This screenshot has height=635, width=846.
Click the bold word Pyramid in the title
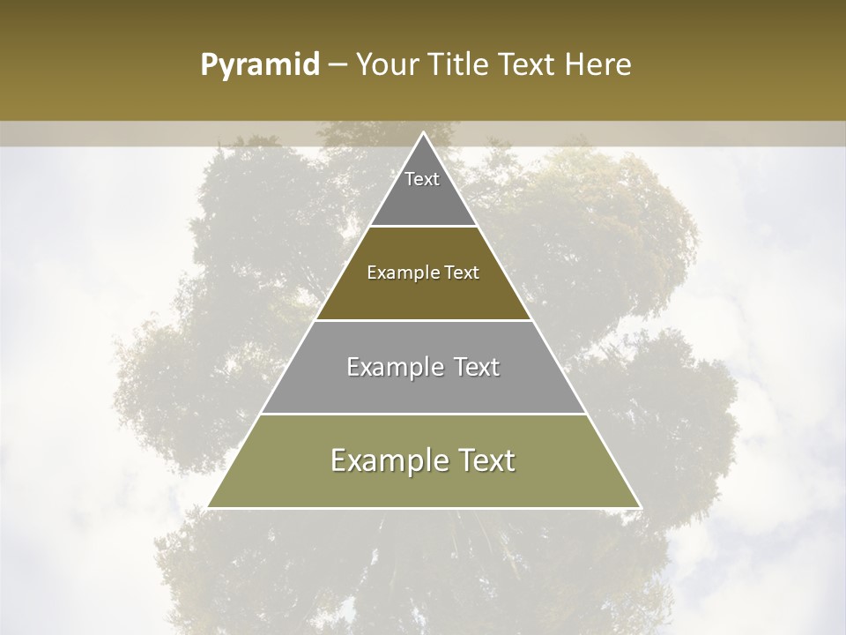click(259, 65)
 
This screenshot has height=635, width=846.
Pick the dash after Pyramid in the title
click(337, 65)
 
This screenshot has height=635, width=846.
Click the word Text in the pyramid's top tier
click(422, 179)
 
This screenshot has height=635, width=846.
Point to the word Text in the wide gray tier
click(474, 367)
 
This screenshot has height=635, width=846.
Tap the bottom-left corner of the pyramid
click(209, 507)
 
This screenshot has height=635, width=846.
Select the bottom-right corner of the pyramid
click(640, 507)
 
